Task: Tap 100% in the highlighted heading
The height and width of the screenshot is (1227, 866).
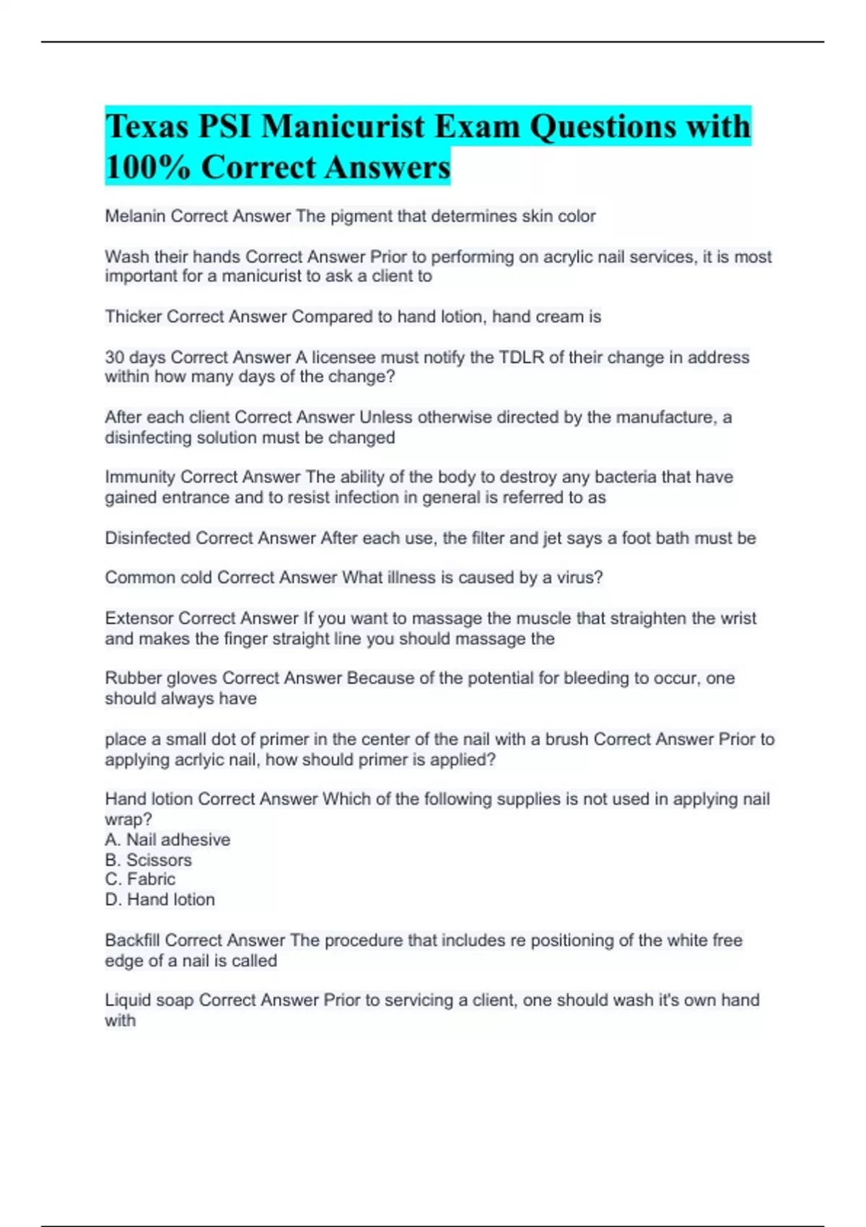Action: coord(147,167)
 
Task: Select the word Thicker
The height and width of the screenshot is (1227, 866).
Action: coord(133,317)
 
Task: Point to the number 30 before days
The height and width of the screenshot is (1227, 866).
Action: coord(114,357)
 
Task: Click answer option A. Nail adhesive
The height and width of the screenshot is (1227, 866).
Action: coord(167,840)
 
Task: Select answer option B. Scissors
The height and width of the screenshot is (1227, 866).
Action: coord(148,860)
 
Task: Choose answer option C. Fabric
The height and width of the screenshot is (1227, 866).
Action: coord(140,879)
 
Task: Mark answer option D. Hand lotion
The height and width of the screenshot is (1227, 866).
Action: coord(159,900)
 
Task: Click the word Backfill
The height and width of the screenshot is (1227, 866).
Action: coord(132,940)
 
